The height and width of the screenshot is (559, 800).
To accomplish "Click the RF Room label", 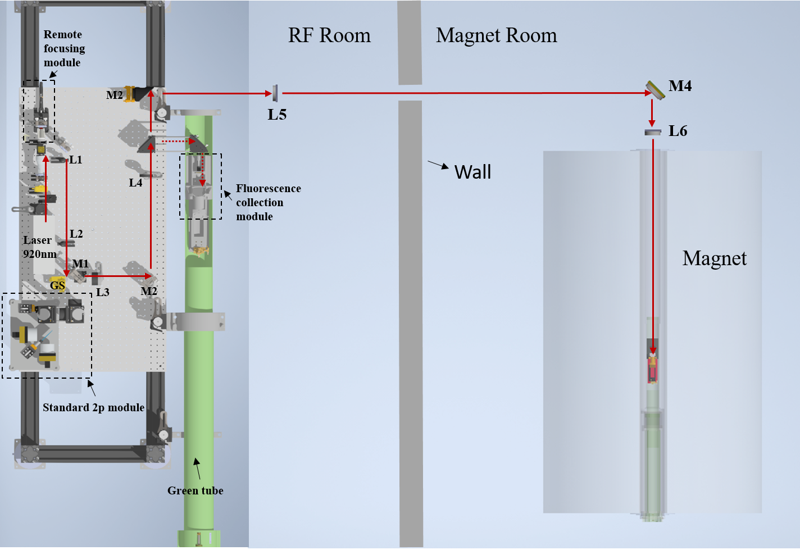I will pyautogui.click(x=329, y=35).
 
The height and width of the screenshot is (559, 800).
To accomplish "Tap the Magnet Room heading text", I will pyautogui.click(x=496, y=35).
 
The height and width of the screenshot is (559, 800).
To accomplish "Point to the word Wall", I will pyautogui.click(x=472, y=172).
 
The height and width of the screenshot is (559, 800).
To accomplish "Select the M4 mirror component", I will pyautogui.click(x=655, y=90).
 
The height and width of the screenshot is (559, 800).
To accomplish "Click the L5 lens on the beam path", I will pyautogui.click(x=275, y=93).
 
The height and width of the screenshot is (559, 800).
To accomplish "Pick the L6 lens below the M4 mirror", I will pyautogui.click(x=653, y=132).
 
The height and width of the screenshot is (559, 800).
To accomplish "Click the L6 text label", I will pyautogui.click(x=678, y=131).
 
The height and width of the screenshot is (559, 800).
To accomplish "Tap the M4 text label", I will pyautogui.click(x=680, y=86).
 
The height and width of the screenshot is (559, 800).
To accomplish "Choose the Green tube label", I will pyautogui.click(x=195, y=490).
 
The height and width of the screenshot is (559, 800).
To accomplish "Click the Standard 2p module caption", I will pyautogui.click(x=93, y=407).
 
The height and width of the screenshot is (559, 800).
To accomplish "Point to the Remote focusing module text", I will pyautogui.click(x=64, y=48).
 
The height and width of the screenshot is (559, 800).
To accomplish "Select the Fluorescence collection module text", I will pyautogui.click(x=268, y=202).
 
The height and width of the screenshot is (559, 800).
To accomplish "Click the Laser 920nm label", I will pyautogui.click(x=39, y=247).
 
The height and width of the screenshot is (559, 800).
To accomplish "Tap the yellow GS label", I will pyautogui.click(x=57, y=285).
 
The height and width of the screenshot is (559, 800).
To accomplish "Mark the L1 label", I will pyautogui.click(x=76, y=160).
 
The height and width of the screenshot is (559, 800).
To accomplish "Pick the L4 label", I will pyautogui.click(x=135, y=183).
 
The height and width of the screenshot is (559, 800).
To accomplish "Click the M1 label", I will pyautogui.click(x=80, y=263).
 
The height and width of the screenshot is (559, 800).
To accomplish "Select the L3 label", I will pyautogui.click(x=102, y=292).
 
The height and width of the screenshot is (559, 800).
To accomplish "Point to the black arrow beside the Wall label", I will pyautogui.click(x=438, y=165).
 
